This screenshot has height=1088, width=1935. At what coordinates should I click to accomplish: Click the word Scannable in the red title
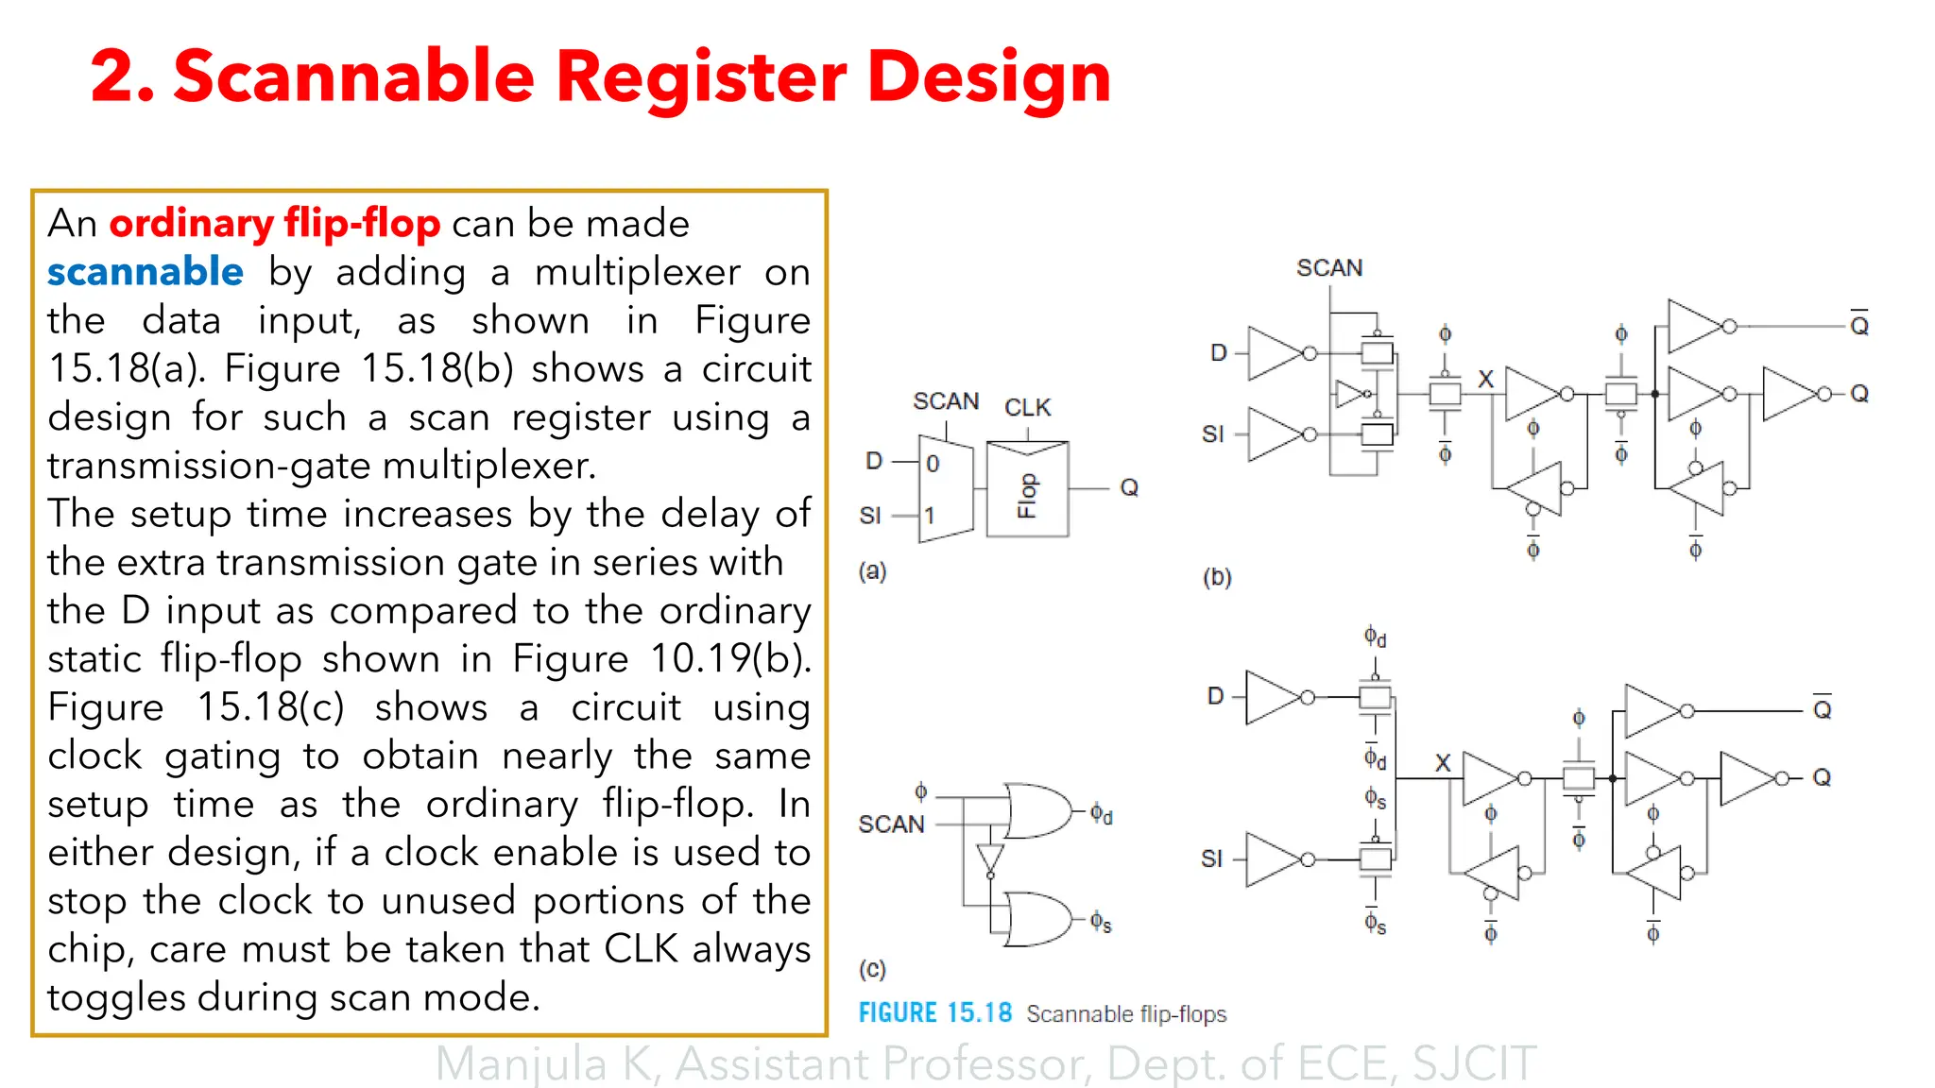tap(355, 77)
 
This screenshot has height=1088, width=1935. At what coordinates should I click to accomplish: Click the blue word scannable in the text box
tap(146, 272)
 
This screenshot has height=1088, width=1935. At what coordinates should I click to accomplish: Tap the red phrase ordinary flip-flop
tap(275, 224)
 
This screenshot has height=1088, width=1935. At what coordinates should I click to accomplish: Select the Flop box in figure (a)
tap(1027, 489)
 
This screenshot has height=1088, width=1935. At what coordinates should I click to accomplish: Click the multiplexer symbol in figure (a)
tap(945, 489)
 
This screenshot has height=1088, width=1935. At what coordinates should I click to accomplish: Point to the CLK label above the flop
tap(1027, 408)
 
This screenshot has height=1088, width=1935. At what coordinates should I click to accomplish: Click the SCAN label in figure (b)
tap(1328, 268)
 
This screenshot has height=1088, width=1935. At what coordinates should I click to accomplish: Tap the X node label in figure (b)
tap(1485, 380)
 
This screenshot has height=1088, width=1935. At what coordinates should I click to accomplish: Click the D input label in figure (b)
tap(1219, 353)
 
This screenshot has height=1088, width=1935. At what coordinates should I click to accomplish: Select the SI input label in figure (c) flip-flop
tap(1211, 858)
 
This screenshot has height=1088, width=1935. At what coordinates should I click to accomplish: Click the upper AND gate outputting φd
tap(1038, 810)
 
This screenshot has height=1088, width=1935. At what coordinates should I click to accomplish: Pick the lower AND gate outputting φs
tap(1038, 919)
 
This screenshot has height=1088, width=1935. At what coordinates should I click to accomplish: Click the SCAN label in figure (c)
tap(891, 824)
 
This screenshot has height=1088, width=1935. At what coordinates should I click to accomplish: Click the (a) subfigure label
tap(872, 570)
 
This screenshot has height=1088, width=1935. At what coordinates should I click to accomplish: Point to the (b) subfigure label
tap(1217, 577)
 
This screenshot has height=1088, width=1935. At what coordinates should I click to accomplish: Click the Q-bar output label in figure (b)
tap(1858, 326)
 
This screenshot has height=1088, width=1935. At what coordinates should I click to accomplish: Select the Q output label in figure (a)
tap(1129, 488)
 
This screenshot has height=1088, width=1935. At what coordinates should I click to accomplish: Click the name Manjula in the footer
tap(521, 1064)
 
